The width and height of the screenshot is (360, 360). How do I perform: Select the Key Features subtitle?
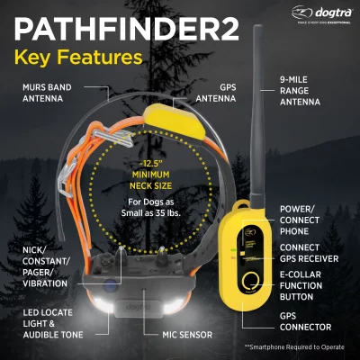[x=76, y=58]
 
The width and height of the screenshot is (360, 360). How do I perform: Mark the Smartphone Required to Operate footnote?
[x=297, y=346]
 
